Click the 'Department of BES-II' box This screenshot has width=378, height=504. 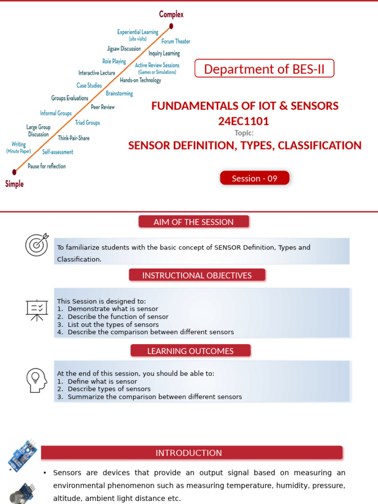point(264,69)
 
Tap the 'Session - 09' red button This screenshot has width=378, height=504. point(254,178)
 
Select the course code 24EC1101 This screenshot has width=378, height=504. point(244,121)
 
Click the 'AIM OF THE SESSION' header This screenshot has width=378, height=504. point(193,222)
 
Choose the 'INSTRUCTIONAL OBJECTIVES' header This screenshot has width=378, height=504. point(197,275)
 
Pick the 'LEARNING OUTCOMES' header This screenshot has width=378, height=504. point(190,351)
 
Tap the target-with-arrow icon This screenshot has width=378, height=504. point(37,245)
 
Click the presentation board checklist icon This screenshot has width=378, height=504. point(37,310)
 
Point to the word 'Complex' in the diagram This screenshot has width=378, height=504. point(171,14)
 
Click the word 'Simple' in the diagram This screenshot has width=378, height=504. point(14,184)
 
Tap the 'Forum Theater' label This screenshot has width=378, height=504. point(176,41)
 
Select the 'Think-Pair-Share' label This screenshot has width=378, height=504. point(74,138)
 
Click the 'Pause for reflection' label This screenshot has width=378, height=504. point(46,166)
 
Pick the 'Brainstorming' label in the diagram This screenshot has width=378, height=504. point(119,94)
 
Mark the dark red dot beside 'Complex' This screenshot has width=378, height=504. point(171,26)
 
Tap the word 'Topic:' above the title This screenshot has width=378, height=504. point(244,132)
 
